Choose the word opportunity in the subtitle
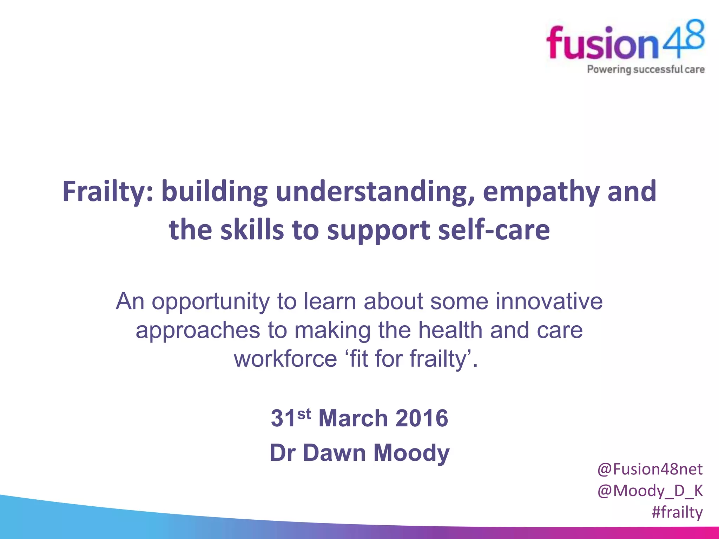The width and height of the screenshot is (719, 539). [x=211, y=302]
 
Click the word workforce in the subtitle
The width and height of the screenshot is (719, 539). [x=285, y=359]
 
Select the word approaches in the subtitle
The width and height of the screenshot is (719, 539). [x=198, y=331]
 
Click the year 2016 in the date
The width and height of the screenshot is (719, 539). [x=421, y=418]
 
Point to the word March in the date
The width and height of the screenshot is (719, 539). [x=353, y=418]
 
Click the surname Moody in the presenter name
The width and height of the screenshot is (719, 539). [x=411, y=453]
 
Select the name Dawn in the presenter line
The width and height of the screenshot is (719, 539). [x=334, y=453]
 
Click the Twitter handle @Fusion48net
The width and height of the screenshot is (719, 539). [x=650, y=470]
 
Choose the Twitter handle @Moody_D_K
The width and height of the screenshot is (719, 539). [x=650, y=491]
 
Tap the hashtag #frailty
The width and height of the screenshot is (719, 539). [x=677, y=512]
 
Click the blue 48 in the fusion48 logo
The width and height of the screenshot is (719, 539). [x=682, y=39]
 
